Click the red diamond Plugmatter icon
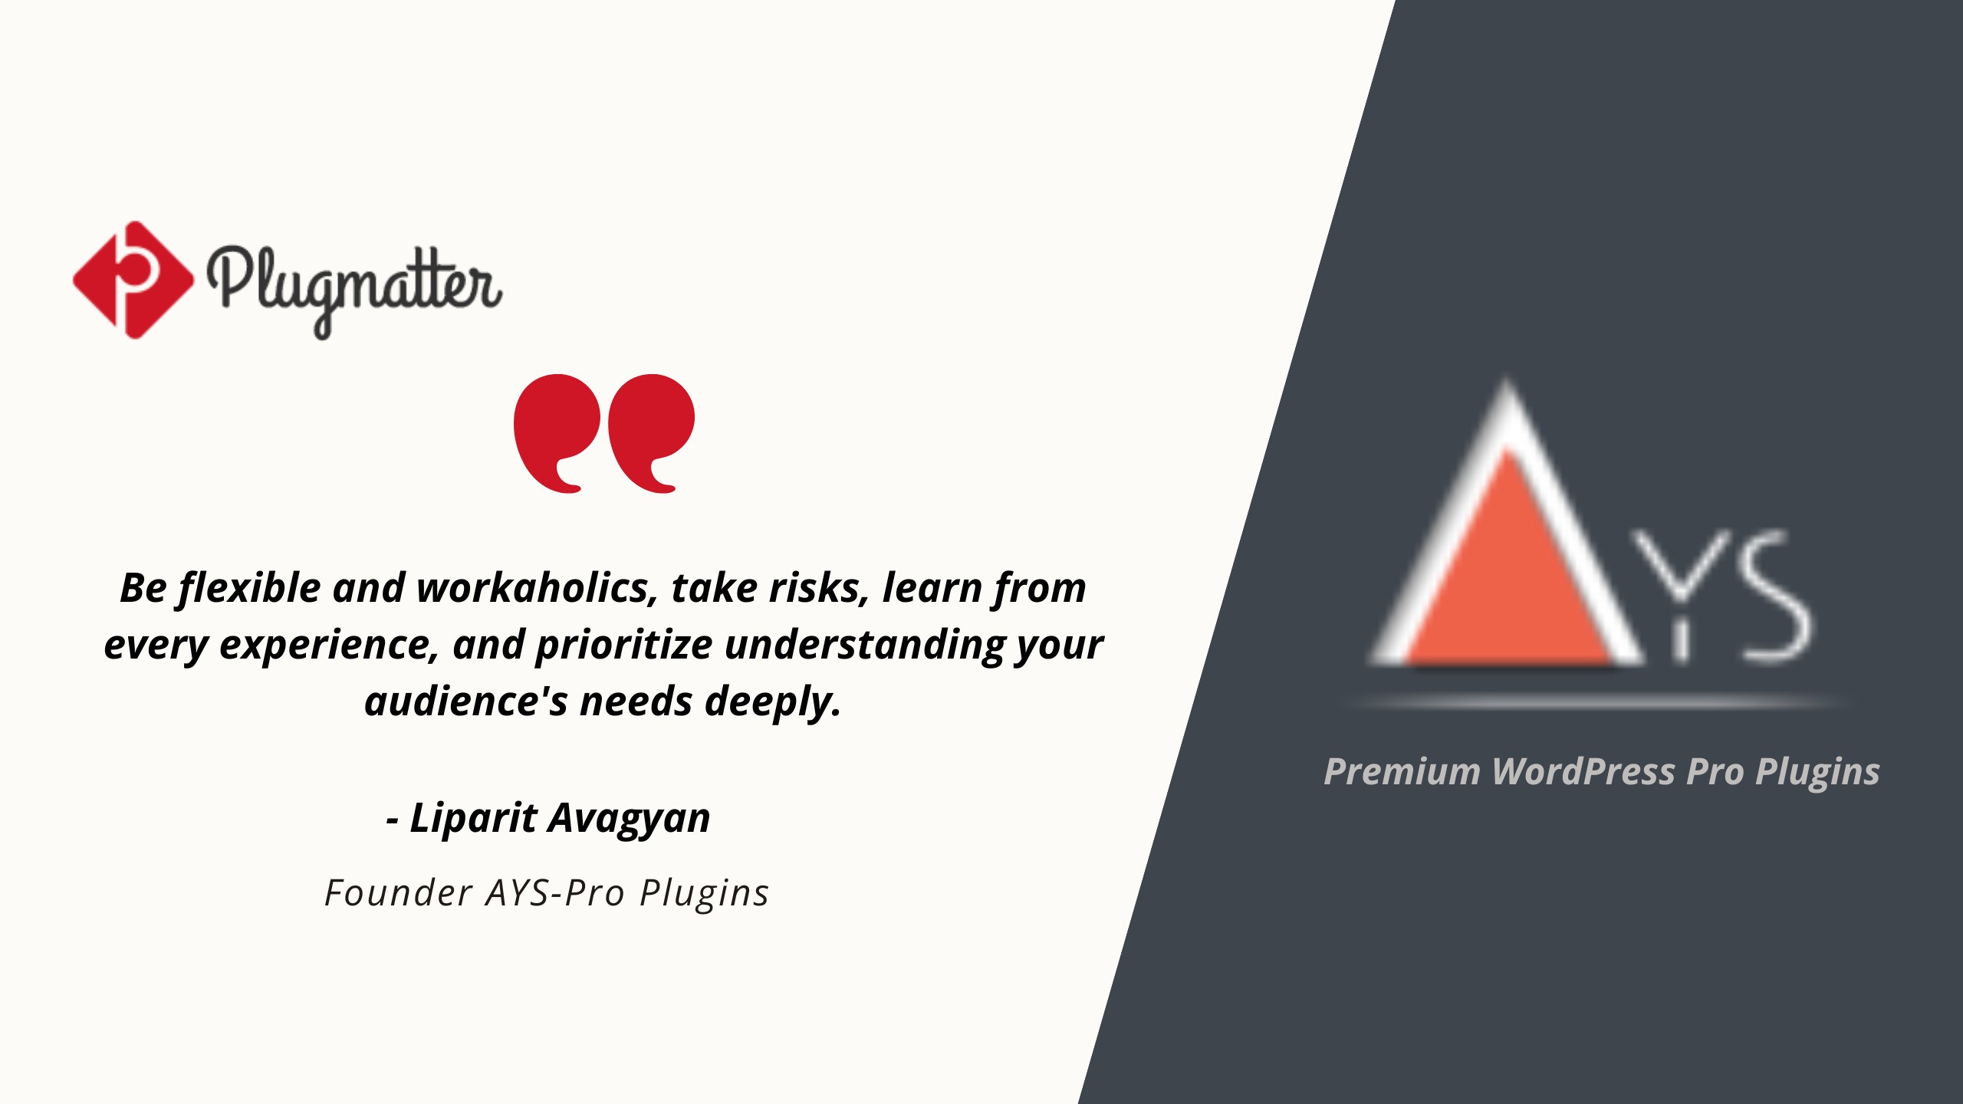point(133,280)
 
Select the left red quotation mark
point(557,433)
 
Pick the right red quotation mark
point(651,433)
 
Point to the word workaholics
point(538,588)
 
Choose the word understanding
point(865,645)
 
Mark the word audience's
point(466,701)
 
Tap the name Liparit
point(474,818)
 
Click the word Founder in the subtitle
point(399,892)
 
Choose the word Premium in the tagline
point(1402,771)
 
